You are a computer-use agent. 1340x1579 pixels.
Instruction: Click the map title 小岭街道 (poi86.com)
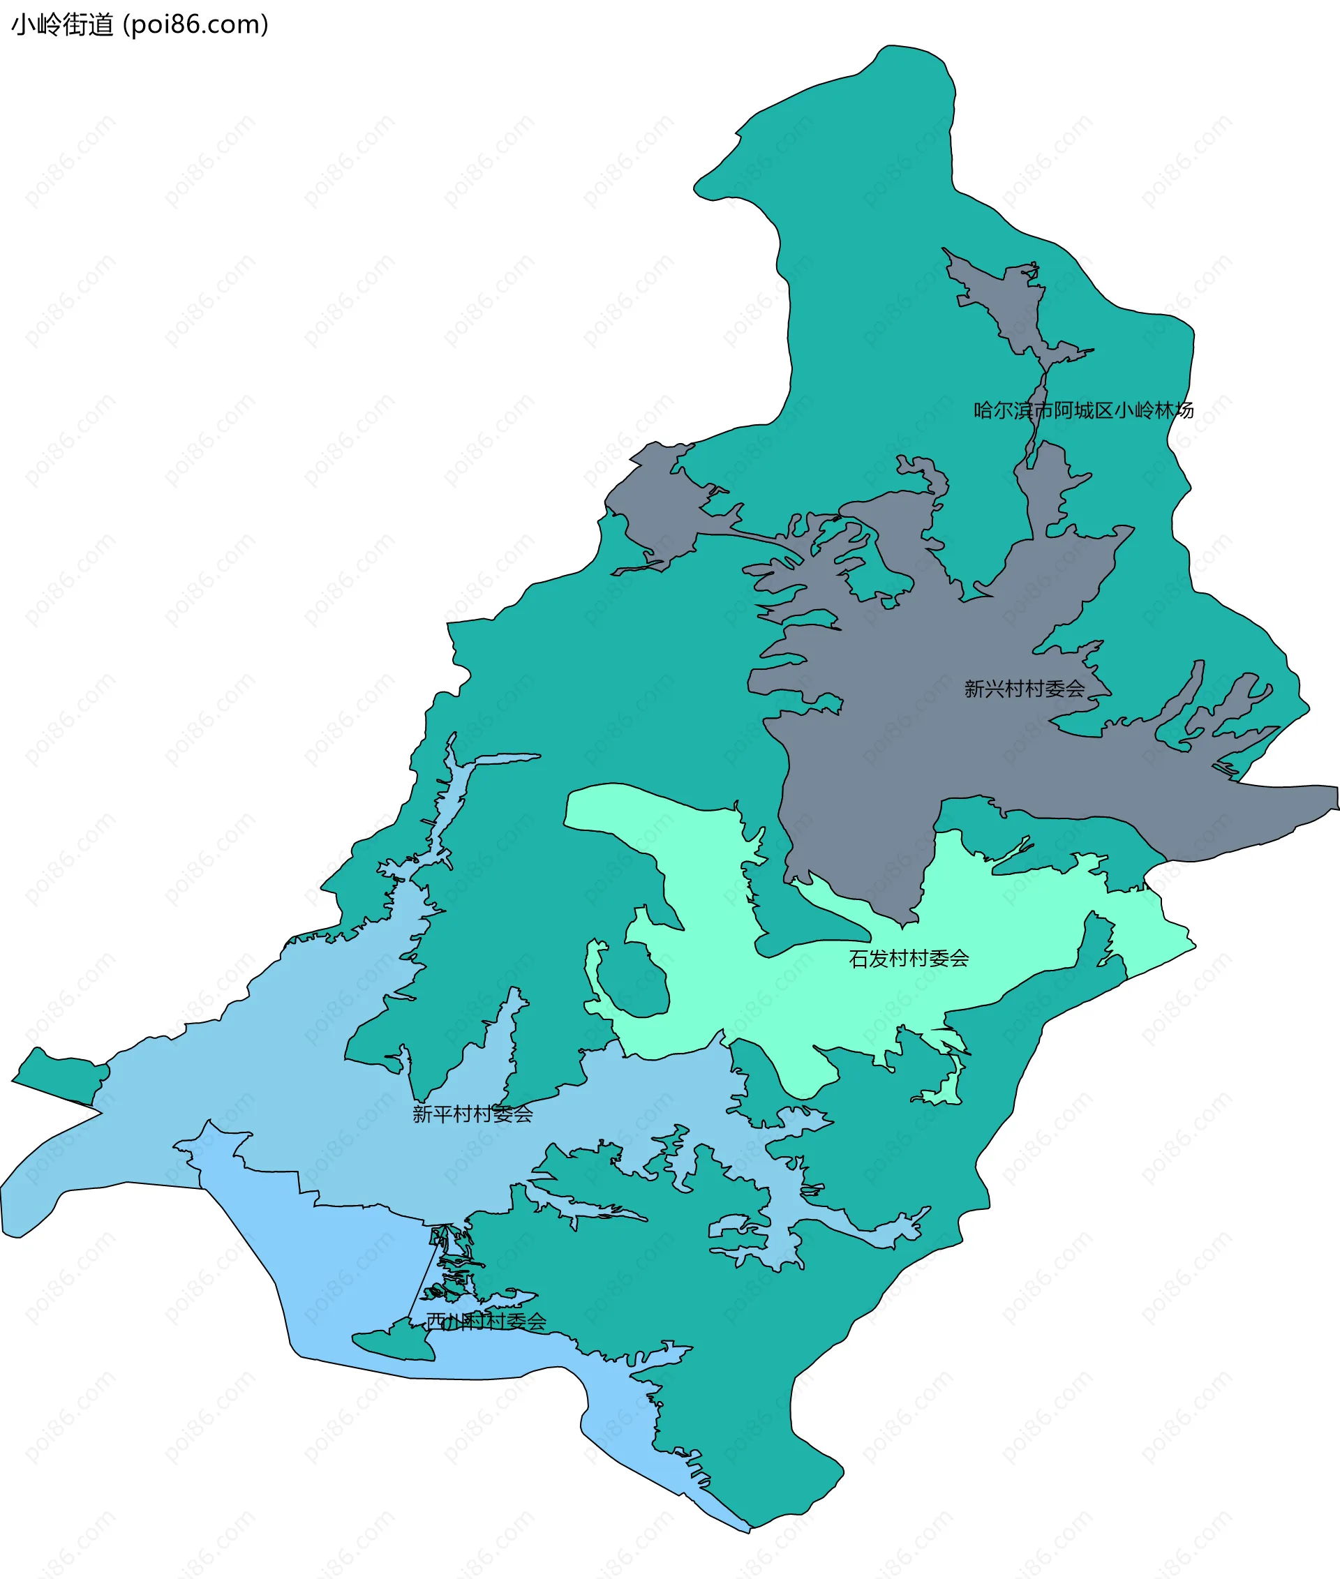coord(139,25)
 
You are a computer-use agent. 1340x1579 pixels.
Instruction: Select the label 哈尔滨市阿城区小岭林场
coord(1083,411)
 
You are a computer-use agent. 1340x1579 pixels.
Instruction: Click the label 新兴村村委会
coord(1024,689)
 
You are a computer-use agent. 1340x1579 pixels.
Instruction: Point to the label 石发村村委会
coord(909,959)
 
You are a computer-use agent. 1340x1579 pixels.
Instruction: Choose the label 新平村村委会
coord(472,1114)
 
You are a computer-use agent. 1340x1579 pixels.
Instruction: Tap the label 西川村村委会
coord(486,1322)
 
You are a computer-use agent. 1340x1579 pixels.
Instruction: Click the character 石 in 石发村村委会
coord(858,959)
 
